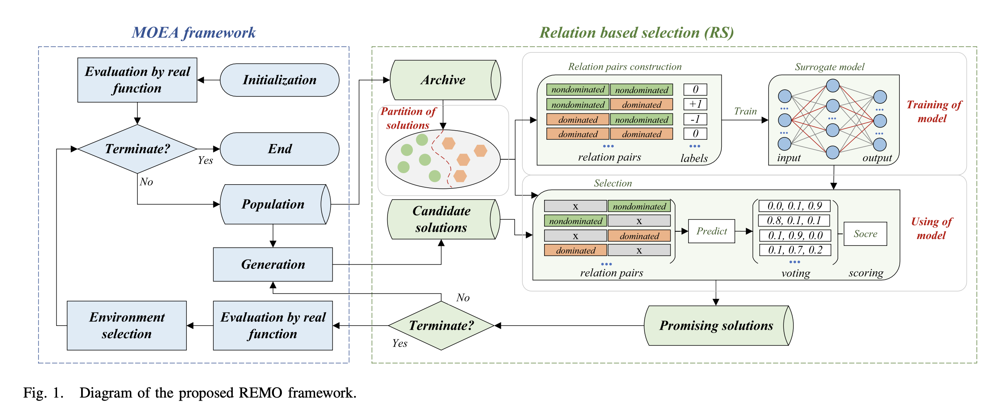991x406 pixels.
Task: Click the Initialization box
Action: pos(279,80)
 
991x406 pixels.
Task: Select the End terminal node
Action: pos(279,149)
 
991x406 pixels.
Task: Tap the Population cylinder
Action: pos(273,205)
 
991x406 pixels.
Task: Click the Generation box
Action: pos(273,264)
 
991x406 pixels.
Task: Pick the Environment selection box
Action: pos(127,326)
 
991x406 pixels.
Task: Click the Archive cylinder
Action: pos(443,80)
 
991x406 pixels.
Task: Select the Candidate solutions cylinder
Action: pos(442,219)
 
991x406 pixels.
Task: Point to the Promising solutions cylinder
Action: pos(716,326)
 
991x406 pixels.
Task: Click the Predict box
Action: pos(711,231)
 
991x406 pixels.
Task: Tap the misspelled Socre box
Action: pos(865,234)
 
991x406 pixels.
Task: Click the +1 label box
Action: pos(695,104)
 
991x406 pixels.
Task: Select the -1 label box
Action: pos(695,119)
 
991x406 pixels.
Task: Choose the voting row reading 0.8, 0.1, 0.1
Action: pos(794,221)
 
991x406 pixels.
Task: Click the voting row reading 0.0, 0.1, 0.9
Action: pos(795,206)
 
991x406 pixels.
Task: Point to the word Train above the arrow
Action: pos(745,111)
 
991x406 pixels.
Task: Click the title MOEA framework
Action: pos(193,33)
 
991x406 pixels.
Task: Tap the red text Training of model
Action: pos(933,111)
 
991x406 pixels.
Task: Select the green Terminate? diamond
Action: pos(441,326)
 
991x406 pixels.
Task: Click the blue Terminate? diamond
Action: pos(137,149)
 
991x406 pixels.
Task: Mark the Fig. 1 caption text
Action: pos(190,393)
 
